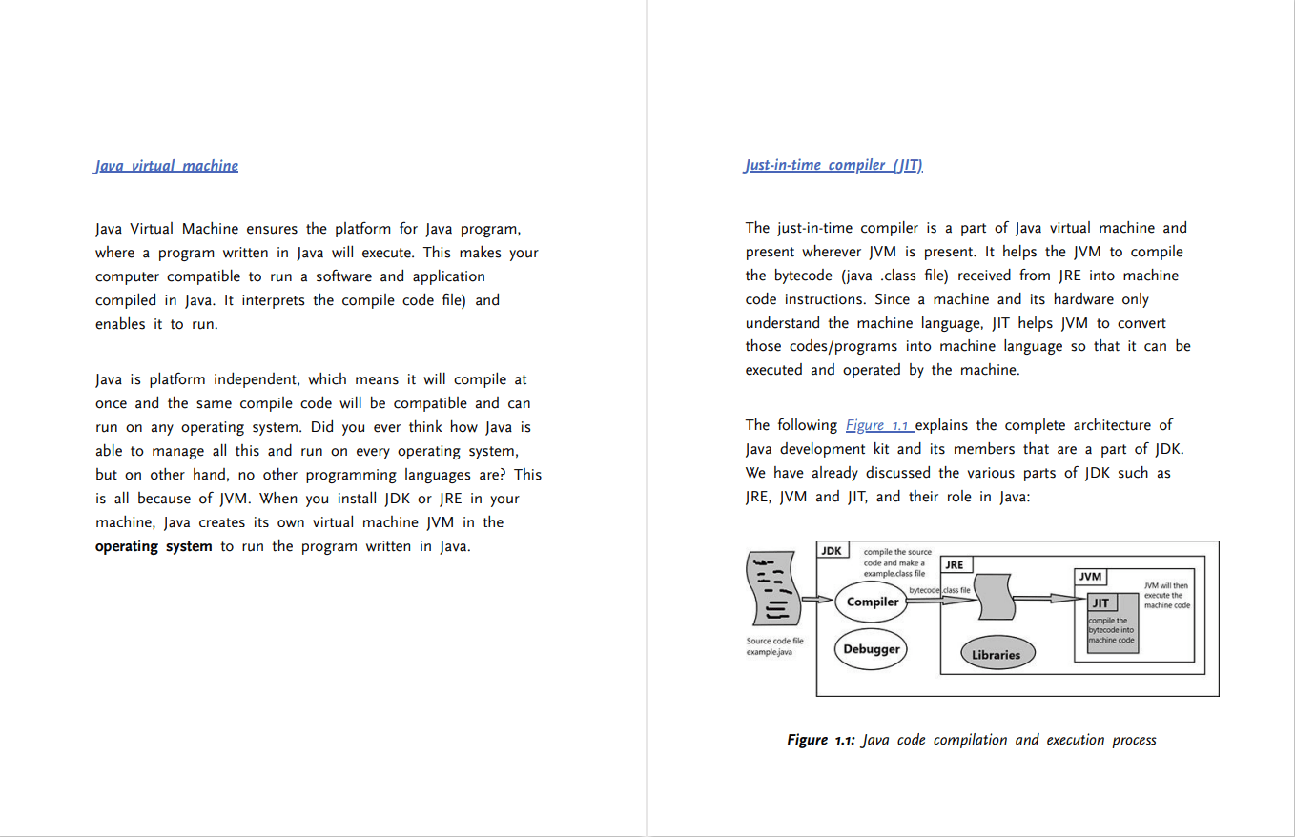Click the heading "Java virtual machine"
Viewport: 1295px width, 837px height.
[166, 166]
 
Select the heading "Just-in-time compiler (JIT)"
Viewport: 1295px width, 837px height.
[833, 166]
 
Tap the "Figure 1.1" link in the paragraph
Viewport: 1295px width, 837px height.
[878, 425]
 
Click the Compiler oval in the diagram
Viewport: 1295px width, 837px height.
[873, 602]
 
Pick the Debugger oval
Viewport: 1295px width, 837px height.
[872, 649]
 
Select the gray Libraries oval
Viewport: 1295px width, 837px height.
[996, 655]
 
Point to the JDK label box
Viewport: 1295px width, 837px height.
[832, 551]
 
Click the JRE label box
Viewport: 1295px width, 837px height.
[955, 564]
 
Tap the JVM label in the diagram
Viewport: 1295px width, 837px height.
[1090, 577]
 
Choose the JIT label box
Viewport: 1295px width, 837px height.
[1100, 602]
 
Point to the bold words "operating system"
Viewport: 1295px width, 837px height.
[154, 547]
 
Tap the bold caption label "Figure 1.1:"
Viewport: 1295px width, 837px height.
[820, 740]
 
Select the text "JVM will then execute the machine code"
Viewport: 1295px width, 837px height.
[1167, 596]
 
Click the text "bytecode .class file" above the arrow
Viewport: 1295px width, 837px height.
[939, 591]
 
